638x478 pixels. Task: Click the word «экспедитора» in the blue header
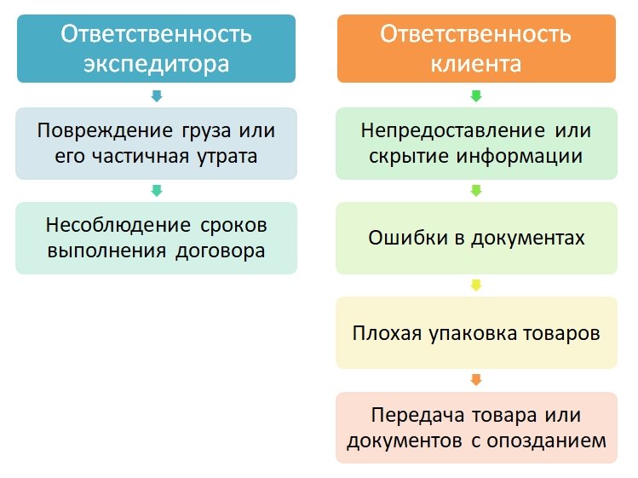tap(156, 63)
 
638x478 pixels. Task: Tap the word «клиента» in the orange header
tap(475, 63)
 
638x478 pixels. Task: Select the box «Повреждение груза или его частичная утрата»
tap(156, 143)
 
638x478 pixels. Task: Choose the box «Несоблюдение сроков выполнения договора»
tap(156, 238)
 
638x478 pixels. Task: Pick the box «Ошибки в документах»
tap(475, 238)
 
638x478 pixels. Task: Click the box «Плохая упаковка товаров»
tap(475, 332)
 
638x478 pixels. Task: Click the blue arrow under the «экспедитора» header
tap(156, 95)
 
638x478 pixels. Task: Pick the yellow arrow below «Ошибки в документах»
tap(475, 285)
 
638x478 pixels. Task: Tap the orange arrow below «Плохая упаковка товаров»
tap(475, 379)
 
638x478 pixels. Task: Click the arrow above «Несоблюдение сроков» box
tap(156, 190)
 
